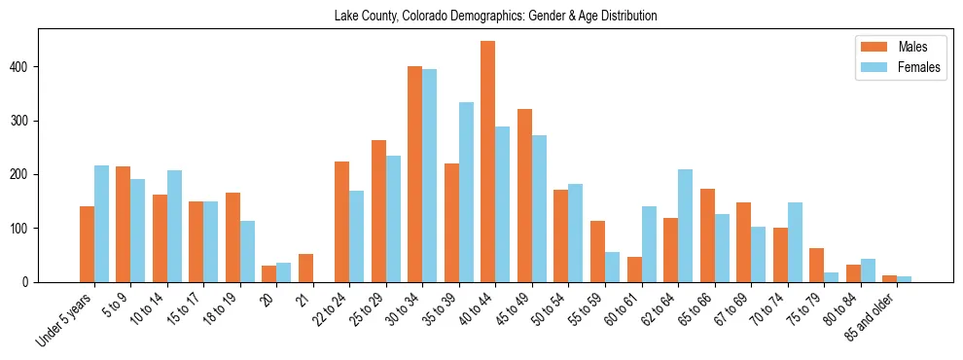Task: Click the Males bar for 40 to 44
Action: tap(488, 162)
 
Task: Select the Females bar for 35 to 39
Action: tap(466, 192)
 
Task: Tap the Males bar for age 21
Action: tap(305, 268)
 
